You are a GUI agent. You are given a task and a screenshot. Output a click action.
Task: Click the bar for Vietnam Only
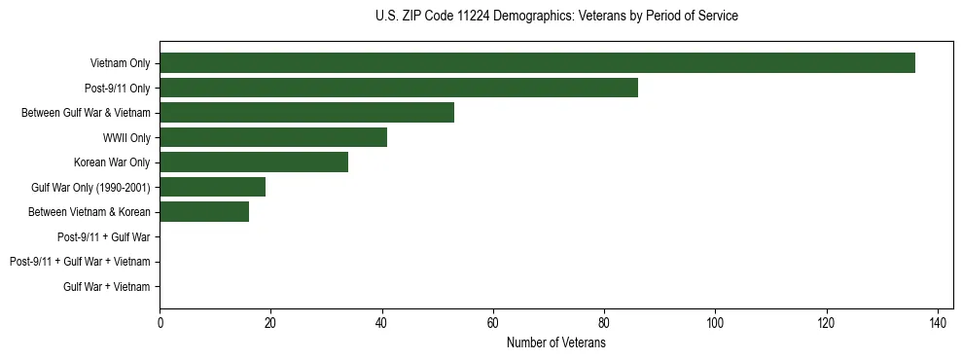pos(537,63)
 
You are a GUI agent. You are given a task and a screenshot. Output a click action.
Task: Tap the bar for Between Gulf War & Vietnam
pos(306,113)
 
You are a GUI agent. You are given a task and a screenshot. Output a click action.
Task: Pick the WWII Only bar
pos(273,137)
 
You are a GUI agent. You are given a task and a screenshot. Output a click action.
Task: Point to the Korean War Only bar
pos(254,162)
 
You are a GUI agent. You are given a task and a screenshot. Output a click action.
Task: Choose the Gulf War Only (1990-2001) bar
pos(212,187)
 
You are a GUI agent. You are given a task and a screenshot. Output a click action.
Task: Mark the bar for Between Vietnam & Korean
pos(204,212)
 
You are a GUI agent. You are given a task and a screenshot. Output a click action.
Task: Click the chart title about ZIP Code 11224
pos(555,17)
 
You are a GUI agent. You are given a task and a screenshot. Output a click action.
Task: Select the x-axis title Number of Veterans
pos(555,343)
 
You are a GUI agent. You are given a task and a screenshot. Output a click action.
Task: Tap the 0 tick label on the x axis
pos(160,323)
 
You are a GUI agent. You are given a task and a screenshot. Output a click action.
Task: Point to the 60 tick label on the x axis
pos(493,323)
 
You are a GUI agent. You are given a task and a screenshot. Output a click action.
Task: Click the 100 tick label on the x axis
pos(715,323)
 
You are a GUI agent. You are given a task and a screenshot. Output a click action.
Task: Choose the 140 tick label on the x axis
pos(938,323)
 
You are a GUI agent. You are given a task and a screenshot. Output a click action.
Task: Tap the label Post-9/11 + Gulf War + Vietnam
pos(80,262)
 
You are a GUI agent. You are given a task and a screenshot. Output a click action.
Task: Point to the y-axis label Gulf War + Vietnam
pos(107,286)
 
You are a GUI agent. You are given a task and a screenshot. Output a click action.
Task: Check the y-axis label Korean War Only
pos(112,162)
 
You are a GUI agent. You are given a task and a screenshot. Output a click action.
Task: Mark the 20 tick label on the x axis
pos(270,323)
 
